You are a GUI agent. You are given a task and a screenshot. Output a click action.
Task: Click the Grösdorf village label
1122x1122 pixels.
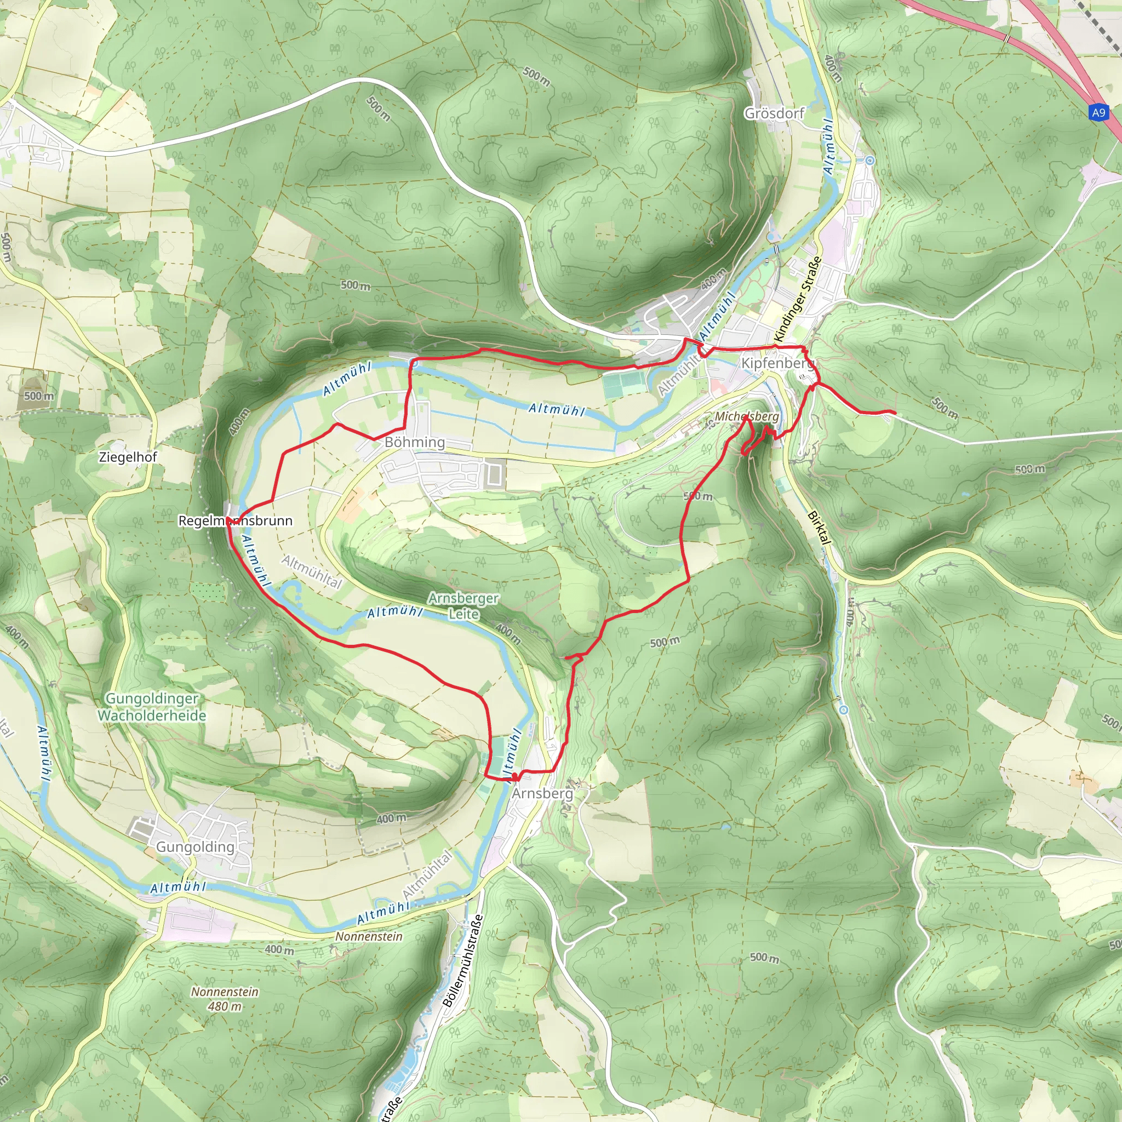(774, 113)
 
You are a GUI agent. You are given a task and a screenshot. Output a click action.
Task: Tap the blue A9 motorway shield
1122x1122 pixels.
(1098, 113)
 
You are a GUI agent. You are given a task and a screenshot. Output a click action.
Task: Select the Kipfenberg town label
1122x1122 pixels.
(777, 364)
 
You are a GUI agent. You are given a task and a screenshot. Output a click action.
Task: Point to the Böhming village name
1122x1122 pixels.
(415, 443)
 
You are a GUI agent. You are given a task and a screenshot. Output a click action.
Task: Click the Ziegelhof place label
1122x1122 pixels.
(128, 457)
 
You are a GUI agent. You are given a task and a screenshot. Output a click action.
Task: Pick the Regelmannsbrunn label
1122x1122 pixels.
(235, 520)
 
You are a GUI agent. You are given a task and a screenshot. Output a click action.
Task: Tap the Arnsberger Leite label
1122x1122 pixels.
(463, 606)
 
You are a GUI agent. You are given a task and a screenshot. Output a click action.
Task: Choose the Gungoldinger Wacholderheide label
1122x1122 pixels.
(152, 707)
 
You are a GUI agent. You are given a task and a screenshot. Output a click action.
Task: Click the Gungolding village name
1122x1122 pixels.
(195, 847)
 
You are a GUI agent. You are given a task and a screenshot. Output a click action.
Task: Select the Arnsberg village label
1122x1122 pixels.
(542, 793)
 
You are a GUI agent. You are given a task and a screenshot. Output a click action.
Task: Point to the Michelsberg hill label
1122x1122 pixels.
(747, 416)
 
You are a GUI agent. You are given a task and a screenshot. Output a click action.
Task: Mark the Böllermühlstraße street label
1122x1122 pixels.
(463, 960)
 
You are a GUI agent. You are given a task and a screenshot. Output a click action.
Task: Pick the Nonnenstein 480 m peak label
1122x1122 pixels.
(225, 999)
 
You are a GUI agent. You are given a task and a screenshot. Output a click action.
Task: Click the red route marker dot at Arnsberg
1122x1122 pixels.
(514, 776)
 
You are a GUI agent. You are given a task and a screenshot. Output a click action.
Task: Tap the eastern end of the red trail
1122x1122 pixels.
(895, 413)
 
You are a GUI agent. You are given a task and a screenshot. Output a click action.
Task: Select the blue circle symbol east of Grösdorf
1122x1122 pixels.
(869, 161)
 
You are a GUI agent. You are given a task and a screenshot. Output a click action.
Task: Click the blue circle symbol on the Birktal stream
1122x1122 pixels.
(844, 709)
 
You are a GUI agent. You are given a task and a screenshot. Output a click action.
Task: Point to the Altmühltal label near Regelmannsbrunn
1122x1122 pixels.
(312, 571)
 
